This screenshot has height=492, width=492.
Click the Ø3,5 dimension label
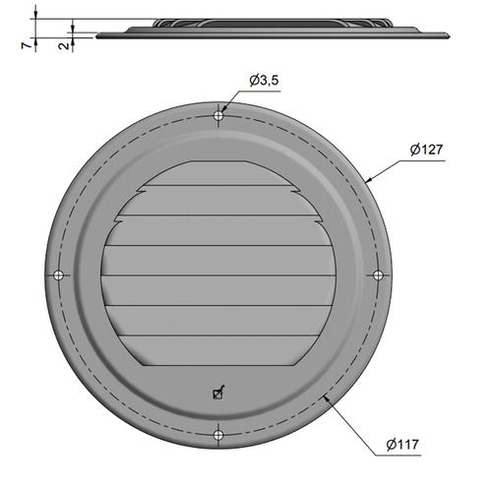click(264, 81)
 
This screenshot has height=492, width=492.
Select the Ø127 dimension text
click(426, 150)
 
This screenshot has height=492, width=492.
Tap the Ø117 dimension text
click(402, 445)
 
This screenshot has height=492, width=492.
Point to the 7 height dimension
click(27, 45)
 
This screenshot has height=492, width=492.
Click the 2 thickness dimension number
click(64, 45)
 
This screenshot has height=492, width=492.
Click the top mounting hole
click(218, 115)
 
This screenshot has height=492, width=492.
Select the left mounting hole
click(58, 276)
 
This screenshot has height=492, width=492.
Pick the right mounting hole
click(378, 276)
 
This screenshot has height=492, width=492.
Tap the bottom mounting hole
click(218, 435)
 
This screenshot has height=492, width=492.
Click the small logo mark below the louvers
click(218, 392)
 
